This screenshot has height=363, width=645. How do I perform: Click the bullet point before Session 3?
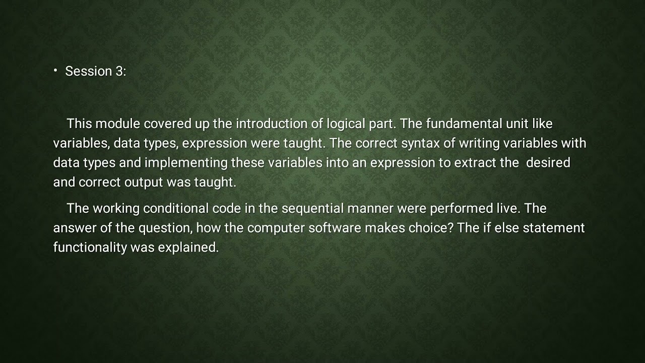55,71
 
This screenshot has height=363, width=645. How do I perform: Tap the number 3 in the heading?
119,72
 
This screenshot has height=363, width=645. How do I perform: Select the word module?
118,124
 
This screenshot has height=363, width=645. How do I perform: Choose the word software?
335,228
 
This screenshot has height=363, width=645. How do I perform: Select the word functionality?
90,248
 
